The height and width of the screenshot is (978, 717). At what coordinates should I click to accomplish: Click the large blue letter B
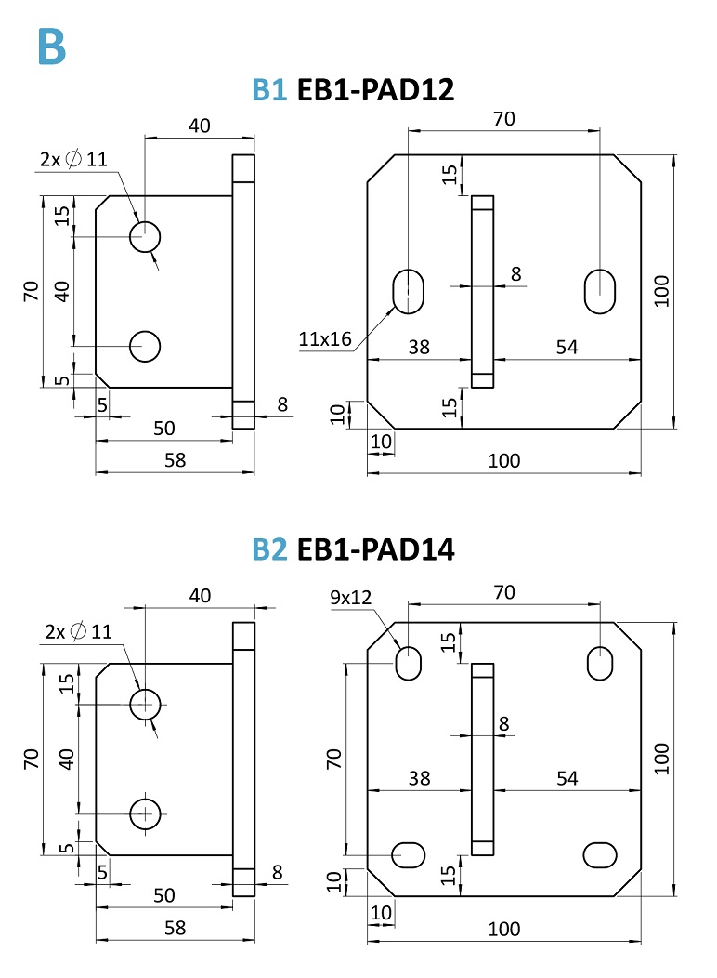(x=52, y=47)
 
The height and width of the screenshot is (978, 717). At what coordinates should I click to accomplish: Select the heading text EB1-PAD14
(x=375, y=549)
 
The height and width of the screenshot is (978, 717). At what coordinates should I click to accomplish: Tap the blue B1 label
(x=270, y=90)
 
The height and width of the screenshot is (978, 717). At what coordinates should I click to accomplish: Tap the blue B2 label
(x=270, y=549)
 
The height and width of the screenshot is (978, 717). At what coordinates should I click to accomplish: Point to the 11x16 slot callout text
(x=325, y=339)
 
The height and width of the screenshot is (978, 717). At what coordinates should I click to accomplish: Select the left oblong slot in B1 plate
(x=408, y=291)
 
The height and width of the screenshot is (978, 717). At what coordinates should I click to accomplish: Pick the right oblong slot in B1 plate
(x=600, y=291)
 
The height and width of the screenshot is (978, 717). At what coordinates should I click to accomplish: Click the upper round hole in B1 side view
(x=145, y=237)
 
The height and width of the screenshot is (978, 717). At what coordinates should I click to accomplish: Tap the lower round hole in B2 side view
(x=145, y=813)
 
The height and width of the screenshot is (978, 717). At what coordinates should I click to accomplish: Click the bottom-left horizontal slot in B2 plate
(x=409, y=853)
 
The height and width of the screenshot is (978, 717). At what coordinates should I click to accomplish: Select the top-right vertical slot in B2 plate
(x=600, y=663)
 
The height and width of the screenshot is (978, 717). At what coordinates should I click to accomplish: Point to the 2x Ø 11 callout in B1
(x=73, y=159)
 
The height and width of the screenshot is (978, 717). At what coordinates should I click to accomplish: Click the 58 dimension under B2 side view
(x=175, y=927)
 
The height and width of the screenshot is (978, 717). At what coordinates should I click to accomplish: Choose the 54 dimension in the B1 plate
(x=567, y=347)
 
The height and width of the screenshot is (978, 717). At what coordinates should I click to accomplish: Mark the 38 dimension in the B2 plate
(x=419, y=778)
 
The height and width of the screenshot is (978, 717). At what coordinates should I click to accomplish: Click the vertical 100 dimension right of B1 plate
(x=661, y=290)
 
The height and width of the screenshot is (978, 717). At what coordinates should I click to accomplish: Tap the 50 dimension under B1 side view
(x=164, y=428)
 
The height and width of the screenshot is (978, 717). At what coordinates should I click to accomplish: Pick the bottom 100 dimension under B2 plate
(x=503, y=928)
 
